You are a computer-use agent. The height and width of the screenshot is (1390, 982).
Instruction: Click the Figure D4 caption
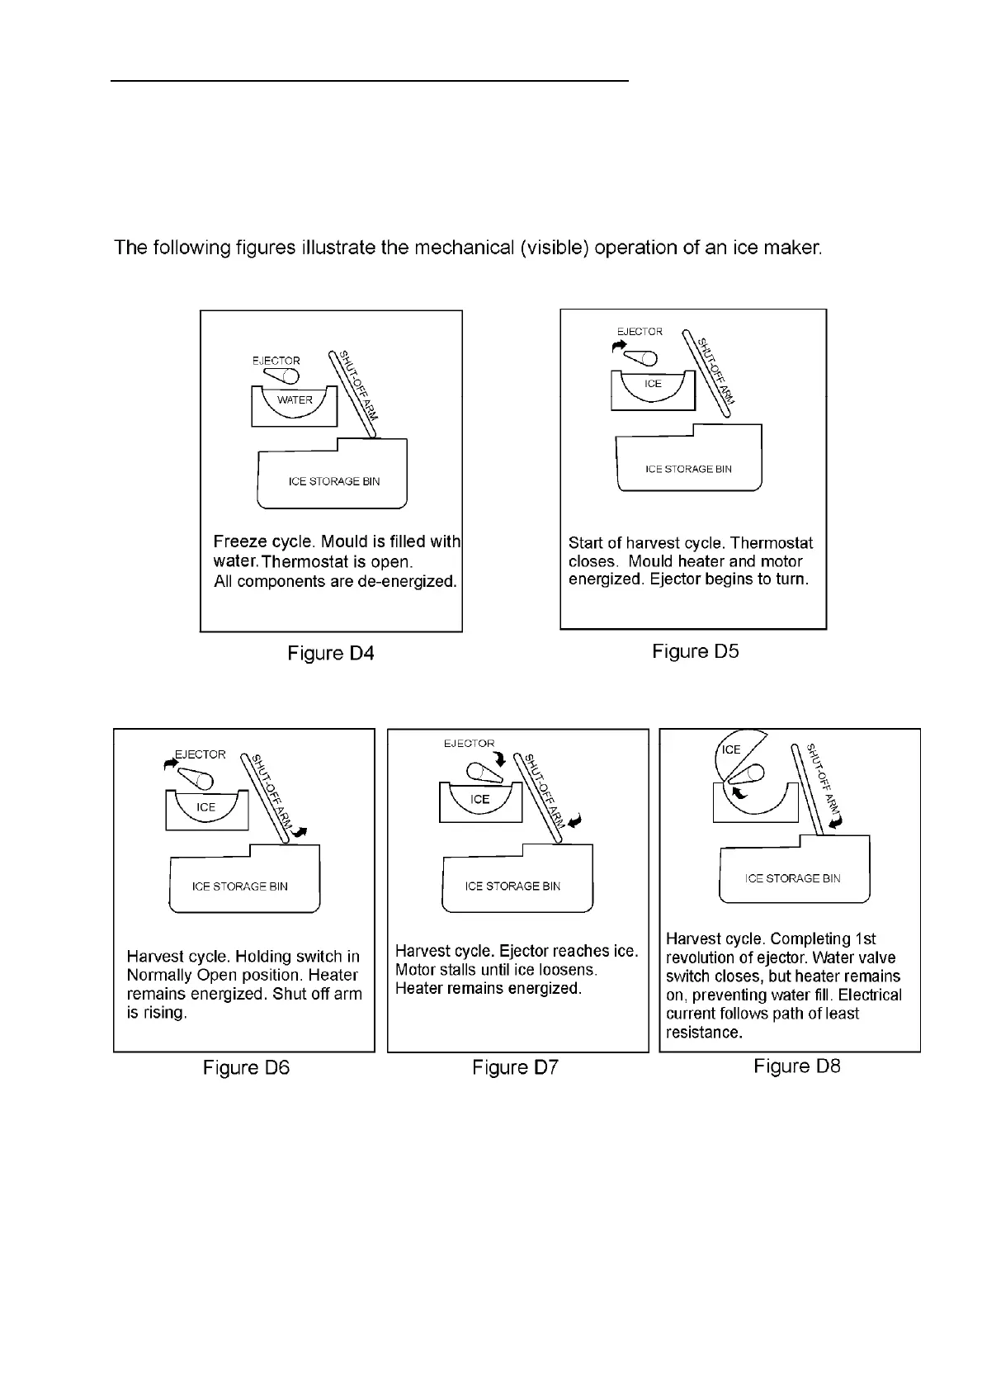pos(330,654)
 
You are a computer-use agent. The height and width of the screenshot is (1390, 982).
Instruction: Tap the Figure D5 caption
pos(695,651)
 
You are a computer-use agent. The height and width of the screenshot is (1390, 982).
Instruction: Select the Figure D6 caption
pos(246,1068)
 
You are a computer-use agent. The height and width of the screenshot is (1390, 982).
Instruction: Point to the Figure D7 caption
pos(515,1068)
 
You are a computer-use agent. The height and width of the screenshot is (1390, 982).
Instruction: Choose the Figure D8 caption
pos(796,1066)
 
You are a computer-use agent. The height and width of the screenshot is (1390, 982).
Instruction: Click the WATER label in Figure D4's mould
pos(295,400)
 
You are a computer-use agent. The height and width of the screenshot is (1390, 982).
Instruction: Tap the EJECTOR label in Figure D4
pos(276,361)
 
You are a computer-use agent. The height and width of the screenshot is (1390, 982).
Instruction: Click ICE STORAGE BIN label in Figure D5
pos(688,469)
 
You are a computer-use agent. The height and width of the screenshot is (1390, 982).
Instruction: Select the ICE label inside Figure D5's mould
pos(653,384)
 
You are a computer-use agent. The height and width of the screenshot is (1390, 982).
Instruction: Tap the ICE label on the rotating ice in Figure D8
pos(731,749)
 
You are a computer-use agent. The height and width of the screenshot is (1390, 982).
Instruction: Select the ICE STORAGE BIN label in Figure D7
pos(512,886)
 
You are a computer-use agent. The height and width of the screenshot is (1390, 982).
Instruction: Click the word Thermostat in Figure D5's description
pos(771,543)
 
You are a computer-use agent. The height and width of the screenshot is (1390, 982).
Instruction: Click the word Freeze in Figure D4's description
pos(238,542)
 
